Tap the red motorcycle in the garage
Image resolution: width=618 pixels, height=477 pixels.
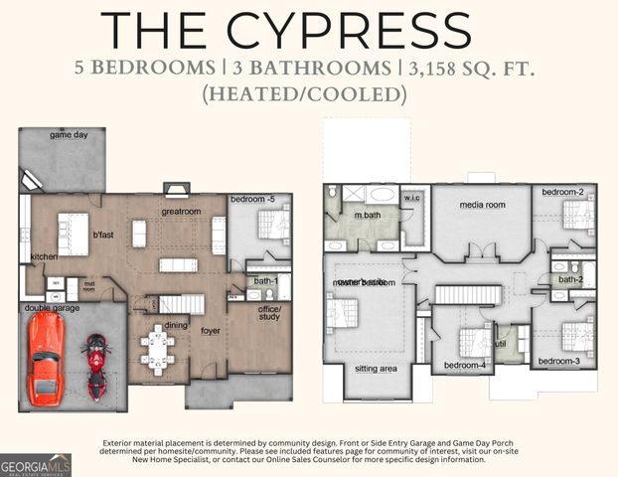pos(96,365)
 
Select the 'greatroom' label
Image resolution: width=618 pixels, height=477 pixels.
pos(183,212)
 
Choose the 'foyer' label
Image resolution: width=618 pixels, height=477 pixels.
pos(211,330)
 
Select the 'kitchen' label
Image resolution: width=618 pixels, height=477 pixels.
pos(44,257)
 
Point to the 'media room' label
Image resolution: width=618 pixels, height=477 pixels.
pos(482,205)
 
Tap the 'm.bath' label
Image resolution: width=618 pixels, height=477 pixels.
pos(368,216)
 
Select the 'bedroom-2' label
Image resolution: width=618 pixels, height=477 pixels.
pos(562,191)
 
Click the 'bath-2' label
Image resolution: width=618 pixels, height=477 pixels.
pos(570,280)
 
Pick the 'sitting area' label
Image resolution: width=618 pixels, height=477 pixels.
pos(375,369)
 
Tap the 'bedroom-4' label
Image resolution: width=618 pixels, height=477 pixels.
pos(464,366)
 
